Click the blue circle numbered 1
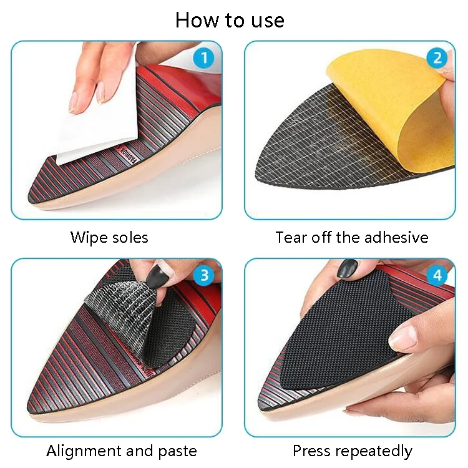204,57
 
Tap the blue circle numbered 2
437,57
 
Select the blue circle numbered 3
204,275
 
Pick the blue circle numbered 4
437,275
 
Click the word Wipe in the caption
89,238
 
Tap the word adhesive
396,238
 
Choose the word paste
177,452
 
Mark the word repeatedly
374,452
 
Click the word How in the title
197,21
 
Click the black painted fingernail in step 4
347,268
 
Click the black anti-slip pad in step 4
346,331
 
